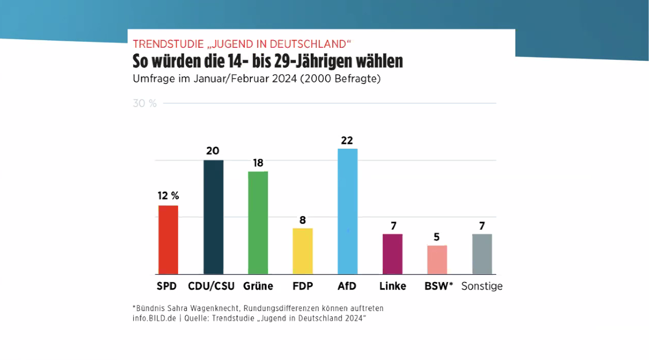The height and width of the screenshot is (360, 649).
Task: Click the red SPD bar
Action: coord(168,240)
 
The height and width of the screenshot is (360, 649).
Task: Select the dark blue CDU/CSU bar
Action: coord(213,217)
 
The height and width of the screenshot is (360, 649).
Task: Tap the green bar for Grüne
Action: coord(258,223)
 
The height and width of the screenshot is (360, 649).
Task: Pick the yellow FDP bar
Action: coord(302,251)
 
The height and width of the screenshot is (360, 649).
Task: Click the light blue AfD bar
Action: coord(348,212)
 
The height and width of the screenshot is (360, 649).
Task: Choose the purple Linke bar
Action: coord(393,254)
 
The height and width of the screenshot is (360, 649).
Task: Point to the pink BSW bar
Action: coord(437,259)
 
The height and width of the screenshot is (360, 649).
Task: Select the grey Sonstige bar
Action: coord(482,254)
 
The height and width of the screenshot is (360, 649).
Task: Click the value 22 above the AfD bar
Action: coord(347,140)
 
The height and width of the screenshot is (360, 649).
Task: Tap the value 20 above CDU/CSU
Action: coord(213,151)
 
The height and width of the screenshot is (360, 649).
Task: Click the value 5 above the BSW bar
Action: coord(437,237)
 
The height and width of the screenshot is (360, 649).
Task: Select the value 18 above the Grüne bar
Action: coord(257,163)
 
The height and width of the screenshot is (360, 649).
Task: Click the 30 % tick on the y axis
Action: coord(145,103)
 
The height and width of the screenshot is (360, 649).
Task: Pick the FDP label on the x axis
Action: coord(302,286)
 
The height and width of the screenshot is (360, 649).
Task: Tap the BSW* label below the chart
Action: coord(438,286)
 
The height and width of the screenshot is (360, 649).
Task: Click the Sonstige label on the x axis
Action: coord(482,286)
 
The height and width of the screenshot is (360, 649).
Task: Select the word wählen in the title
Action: coord(375,61)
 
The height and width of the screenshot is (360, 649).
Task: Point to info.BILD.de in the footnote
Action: coord(153,318)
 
